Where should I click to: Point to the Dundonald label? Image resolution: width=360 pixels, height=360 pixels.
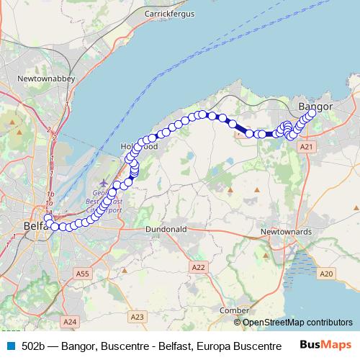tap(166, 229)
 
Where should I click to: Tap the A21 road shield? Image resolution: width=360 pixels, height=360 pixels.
tap(307, 146)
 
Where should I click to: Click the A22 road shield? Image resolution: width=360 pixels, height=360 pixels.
tap(199, 267)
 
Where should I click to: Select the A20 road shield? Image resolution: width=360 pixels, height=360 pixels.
tap(327, 274)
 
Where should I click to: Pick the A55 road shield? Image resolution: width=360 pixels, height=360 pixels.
tap(83, 274)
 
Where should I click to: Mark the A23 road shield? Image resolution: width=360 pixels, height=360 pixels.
tap(138, 316)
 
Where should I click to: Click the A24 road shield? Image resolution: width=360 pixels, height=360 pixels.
tap(70, 321)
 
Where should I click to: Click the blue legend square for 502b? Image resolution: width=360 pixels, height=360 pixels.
tap(11, 346)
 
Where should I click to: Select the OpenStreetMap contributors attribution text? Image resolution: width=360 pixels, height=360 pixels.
tap(297, 322)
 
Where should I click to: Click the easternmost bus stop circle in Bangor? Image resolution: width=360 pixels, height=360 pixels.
tap(312, 112)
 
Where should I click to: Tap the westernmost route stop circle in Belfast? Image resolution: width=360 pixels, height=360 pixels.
tap(47, 219)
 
